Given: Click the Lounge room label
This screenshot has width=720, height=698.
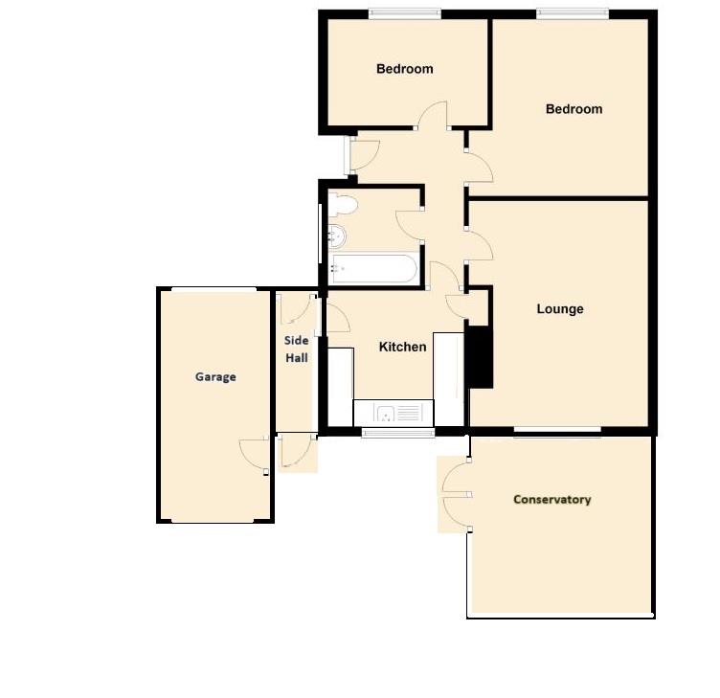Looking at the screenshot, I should [x=559, y=309].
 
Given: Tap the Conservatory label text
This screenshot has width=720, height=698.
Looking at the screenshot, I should [x=551, y=500].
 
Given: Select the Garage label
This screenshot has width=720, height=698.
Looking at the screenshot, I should [x=215, y=377].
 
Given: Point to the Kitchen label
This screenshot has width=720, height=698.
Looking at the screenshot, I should [x=402, y=347].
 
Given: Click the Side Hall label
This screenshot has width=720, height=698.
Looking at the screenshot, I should [x=296, y=349].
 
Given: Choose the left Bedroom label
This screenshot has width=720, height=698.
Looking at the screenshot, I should [x=404, y=69].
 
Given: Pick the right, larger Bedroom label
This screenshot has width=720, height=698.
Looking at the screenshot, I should [x=574, y=109].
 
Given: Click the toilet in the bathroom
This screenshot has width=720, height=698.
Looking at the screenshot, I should [x=343, y=203].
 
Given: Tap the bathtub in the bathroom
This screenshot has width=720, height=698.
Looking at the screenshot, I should [x=373, y=268].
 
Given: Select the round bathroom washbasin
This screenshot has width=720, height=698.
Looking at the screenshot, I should [x=337, y=236].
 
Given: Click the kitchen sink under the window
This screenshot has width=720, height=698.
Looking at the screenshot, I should [x=393, y=414].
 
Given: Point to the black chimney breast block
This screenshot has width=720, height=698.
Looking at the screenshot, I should [x=479, y=357].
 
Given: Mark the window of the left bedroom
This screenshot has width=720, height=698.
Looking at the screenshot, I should [x=406, y=13].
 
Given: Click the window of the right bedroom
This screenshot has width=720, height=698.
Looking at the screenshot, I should [x=572, y=13].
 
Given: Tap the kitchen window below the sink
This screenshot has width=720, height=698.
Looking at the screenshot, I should [x=397, y=434].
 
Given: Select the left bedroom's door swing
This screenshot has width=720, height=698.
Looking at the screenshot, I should [x=432, y=115].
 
